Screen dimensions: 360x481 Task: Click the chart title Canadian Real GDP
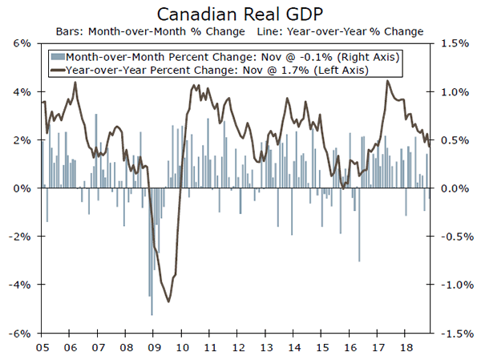coord(240,14)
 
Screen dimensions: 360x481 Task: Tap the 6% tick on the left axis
coord(22,43)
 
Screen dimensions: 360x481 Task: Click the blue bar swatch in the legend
coord(57,57)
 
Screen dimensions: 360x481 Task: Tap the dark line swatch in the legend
coord(57,71)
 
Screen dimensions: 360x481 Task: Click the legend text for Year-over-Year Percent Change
coord(216,71)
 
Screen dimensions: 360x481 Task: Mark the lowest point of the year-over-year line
coord(168,301)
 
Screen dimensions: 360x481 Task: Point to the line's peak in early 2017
coord(388,81)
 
